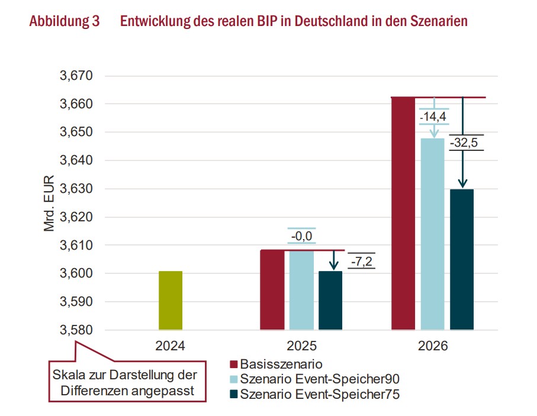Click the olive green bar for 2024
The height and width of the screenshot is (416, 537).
click(x=171, y=300)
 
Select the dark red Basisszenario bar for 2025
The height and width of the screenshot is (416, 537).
click(x=272, y=289)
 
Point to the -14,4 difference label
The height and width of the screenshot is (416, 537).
click(x=433, y=117)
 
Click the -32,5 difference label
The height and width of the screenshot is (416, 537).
click(x=464, y=143)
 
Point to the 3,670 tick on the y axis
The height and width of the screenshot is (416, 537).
click(x=77, y=76)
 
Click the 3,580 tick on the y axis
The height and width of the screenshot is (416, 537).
click(x=77, y=330)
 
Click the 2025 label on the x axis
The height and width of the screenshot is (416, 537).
click(x=301, y=346)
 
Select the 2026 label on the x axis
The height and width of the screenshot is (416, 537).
click(x=432, y=346)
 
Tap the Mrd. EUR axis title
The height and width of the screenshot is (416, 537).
click(x=49, y=203)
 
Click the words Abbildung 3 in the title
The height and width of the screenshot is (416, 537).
click(x=64, y=21)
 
